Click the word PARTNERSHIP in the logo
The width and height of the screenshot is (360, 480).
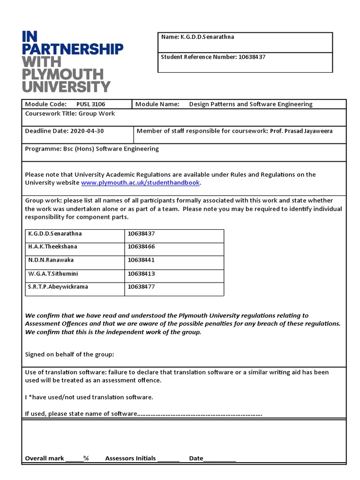tap(73, 49)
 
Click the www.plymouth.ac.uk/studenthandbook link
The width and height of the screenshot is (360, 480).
tap(141, 183)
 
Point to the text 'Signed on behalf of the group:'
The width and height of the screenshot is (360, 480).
tap(69, 354)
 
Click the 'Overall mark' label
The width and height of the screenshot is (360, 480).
tap(45, 458)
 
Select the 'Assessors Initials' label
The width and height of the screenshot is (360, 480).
tap(130, 458)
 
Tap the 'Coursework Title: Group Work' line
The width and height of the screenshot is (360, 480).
tap(70, 113)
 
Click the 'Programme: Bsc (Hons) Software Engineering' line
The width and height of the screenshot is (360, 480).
tap(92, 149)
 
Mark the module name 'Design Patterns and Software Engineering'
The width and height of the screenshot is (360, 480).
tap(250, 104)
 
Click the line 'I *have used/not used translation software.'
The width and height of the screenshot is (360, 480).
tap(89, 397)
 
